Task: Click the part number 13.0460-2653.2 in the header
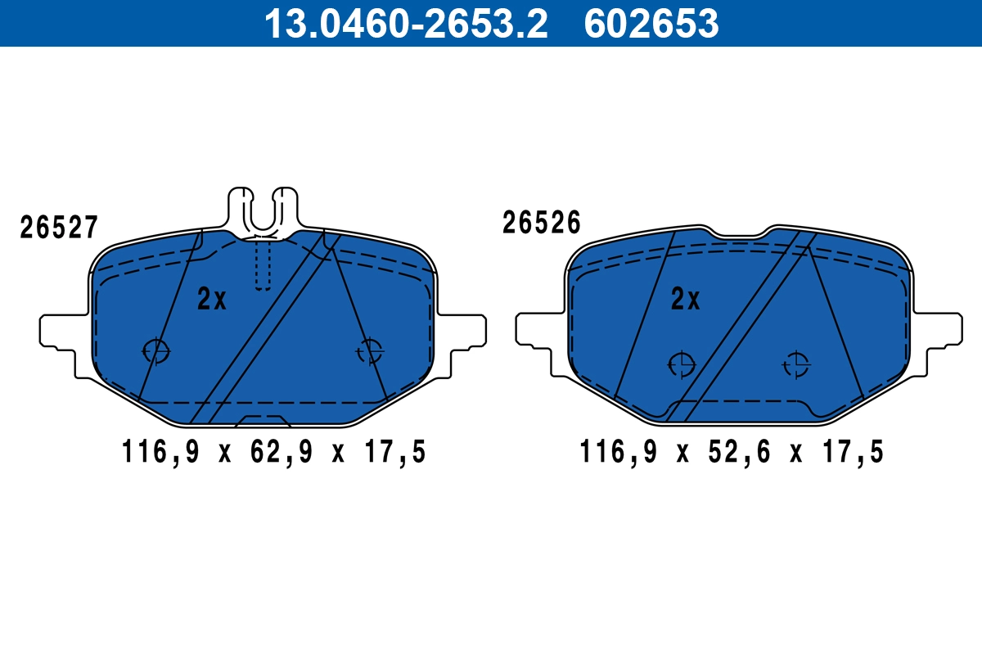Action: pos(404,24)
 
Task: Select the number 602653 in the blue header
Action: pos(651,24)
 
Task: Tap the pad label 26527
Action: pos(59,228)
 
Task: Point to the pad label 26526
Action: pos(541,223)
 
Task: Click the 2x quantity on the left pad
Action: pos(211,300)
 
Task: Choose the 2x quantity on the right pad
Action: pos(685,300)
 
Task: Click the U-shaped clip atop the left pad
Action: pos(262,209)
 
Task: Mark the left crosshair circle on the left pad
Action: pos(155,350)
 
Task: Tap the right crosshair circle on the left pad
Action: pos(370,350)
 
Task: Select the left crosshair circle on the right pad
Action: pos(680,364)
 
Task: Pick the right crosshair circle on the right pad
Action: pos(795,364)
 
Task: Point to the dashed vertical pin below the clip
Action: pos(262,264)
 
